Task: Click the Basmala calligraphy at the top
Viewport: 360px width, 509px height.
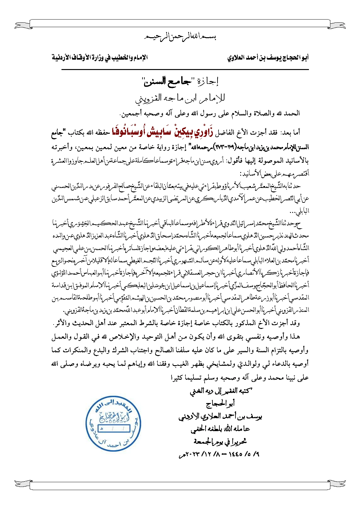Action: coord(180,37)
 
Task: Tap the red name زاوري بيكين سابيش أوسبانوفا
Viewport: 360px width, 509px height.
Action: coord(163,132)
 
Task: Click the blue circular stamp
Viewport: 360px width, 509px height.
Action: coord(113,424)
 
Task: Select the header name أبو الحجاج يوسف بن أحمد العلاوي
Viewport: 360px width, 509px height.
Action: coord(268,58)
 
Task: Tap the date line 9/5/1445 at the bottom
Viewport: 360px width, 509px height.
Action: coord(219,454)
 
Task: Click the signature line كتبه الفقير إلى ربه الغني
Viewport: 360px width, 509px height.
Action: coord(220,391)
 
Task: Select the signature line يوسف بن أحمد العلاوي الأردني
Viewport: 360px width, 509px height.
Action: coord(220,417)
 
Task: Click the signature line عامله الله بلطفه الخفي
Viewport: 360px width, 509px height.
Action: coord(220,429)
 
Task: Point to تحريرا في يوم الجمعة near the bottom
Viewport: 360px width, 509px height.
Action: coord(220,442)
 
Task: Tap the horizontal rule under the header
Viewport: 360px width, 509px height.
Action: coord(185,69)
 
